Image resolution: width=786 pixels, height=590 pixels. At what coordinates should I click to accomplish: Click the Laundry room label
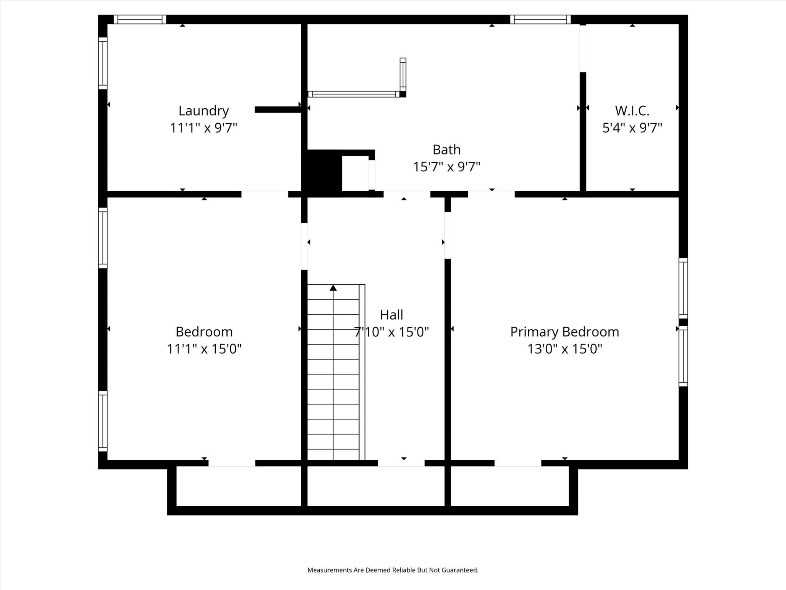coord(203,111)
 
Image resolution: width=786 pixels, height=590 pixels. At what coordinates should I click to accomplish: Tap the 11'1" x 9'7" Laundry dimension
coord(203,128)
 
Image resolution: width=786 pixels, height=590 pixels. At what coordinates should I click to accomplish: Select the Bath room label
coord(446,149)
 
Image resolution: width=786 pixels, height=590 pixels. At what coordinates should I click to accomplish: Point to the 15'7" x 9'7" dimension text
coord(446,167)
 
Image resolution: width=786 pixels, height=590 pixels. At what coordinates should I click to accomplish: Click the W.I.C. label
coord(632,111)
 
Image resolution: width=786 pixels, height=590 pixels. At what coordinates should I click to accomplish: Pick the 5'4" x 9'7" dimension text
coord(632,128)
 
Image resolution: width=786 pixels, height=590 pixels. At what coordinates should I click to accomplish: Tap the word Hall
coord(391,315)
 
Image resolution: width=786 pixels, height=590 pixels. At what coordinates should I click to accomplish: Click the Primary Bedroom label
coord(565,332)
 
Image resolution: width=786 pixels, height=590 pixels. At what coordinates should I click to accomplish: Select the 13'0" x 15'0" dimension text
coord(565,349)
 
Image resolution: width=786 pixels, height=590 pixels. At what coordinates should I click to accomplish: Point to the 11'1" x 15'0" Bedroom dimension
coord(204,349)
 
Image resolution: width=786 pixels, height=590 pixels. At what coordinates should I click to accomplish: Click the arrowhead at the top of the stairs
coord(333,288)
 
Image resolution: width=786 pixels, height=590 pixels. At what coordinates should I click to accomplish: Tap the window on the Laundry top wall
coord(140,19)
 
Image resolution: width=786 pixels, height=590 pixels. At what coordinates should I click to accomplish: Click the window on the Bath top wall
coord(540,19)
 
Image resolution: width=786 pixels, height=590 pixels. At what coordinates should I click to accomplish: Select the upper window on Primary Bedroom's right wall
coord(683,288)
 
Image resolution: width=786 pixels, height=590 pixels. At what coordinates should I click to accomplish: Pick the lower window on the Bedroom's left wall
coord(102,421)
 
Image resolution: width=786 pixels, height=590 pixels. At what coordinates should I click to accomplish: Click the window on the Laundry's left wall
coord(102,63)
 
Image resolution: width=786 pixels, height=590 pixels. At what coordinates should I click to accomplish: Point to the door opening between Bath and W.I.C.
coord(583,48)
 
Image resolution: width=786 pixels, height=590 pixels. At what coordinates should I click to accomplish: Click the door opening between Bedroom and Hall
coord(304,246)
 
